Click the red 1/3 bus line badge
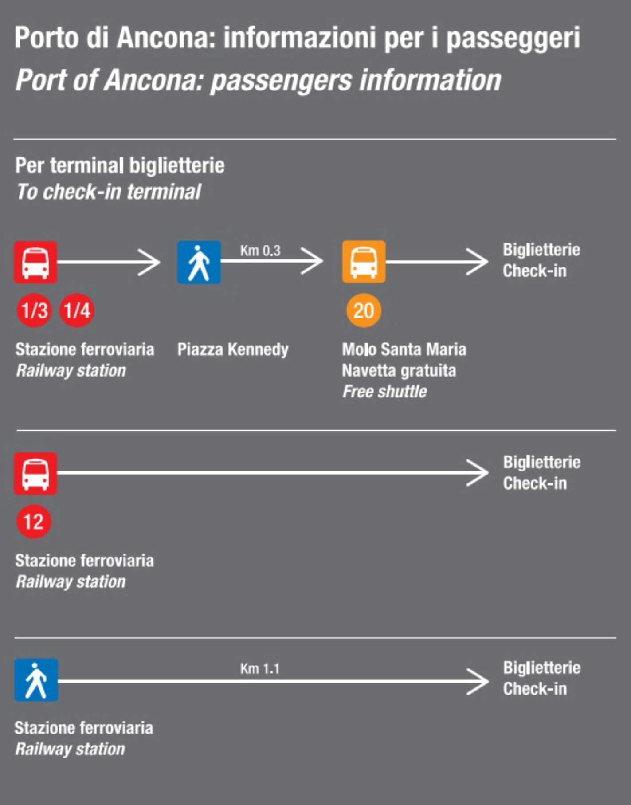pos(34,310)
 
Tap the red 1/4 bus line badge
pos(77,310)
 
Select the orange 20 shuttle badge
pos(364,310)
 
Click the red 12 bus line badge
pos(34,522)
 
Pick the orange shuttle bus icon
pos(364,262)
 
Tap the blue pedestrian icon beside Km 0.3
pos(199,262)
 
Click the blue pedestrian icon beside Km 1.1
pos(36,680)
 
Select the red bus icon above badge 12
pos(35,473)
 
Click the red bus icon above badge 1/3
pos(35,262)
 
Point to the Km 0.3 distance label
pos(260,251)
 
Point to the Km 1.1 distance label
pos(260,668)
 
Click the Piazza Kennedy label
pos(233,349)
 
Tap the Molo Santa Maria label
pos(404,349)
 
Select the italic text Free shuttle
pos(384,392)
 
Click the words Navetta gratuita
pos(399,371)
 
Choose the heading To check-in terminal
pos(109,192)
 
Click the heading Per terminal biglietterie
pos(120,166)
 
